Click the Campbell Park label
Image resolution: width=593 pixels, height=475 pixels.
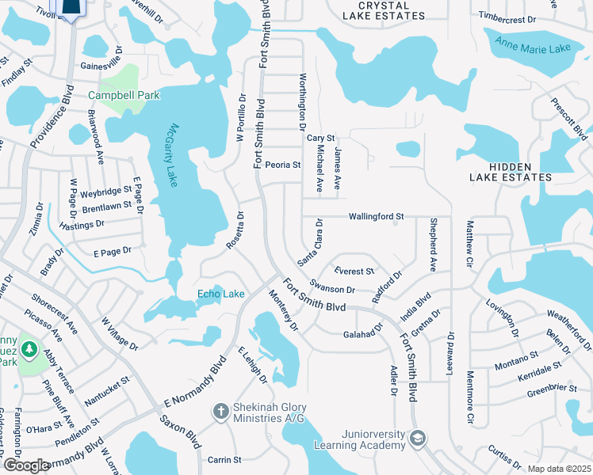click(124, 96)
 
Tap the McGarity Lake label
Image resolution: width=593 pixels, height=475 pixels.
click(175, 154)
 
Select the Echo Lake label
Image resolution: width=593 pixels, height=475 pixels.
click(220, 294)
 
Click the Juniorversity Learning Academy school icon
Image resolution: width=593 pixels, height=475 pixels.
click(417, 439)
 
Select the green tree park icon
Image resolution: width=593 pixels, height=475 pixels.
click(29, 348)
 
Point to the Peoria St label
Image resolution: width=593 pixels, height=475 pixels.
click(284, 165)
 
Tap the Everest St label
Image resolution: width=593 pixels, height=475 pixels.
click(354, 271)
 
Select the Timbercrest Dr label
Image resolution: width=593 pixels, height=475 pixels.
click(507, 17)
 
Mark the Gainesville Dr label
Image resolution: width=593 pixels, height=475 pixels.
click(100, 61)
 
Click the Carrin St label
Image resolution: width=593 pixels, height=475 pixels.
click(224, 460)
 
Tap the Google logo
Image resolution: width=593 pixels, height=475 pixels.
click(26, 465)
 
